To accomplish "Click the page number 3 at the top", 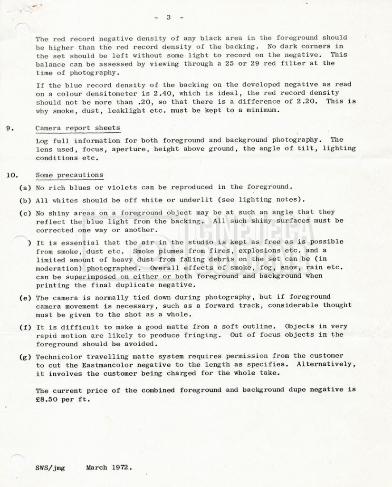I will click(168, 18).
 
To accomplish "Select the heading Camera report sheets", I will click(77, 128).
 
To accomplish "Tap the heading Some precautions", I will click(69, 175).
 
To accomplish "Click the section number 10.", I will click(11, 175).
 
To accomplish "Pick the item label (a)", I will click(25, 187).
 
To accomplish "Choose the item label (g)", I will click(25, 356).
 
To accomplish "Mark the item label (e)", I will click(25, 297).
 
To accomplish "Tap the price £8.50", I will click(48, 399).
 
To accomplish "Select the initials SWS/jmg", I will click(50, 468).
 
